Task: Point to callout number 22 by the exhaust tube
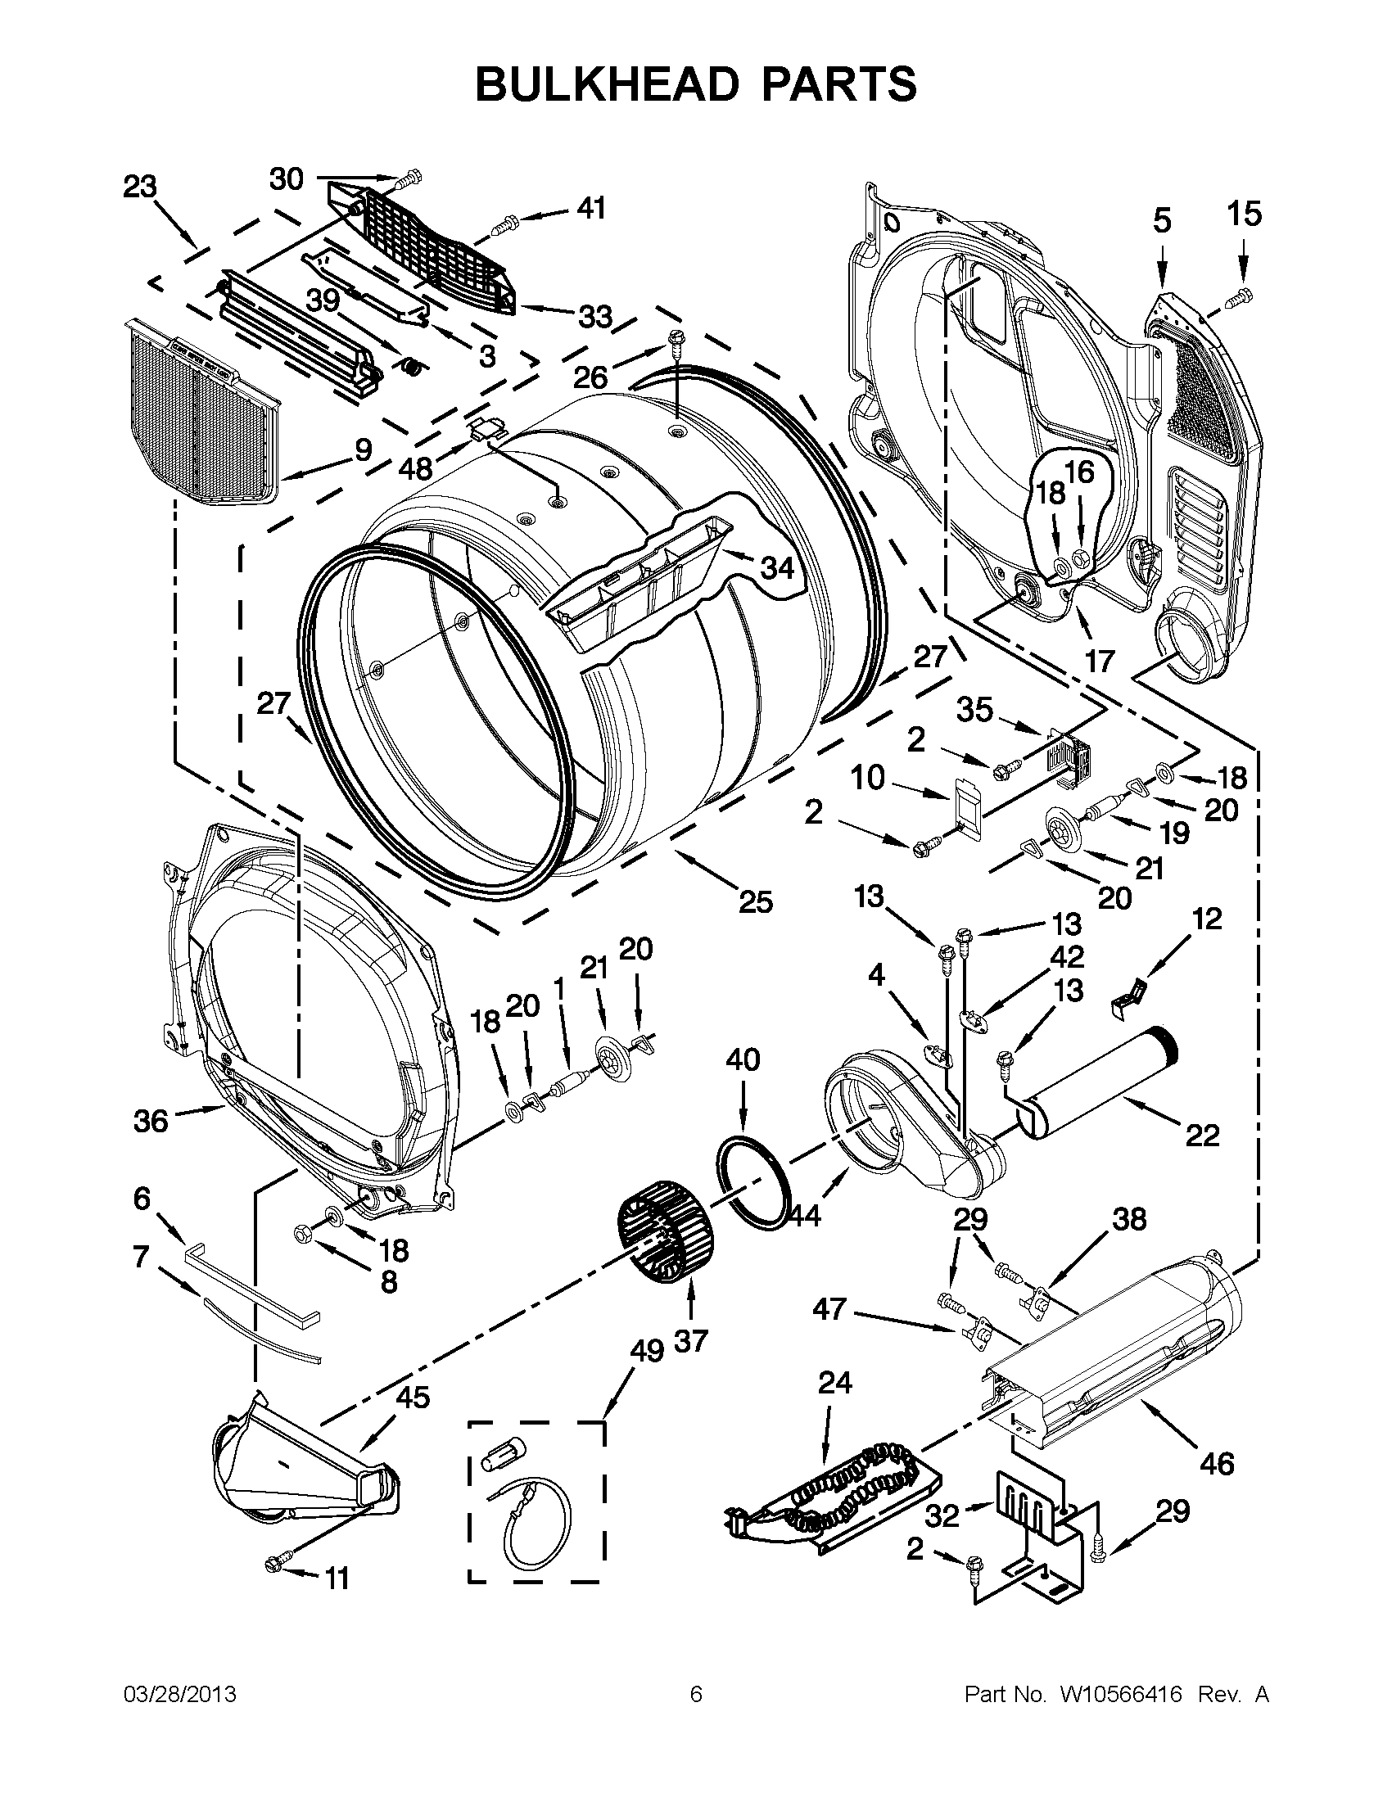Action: pos(1201,1136)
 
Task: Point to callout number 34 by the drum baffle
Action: pos(776,567)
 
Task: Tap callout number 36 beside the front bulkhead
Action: pos(150,1121)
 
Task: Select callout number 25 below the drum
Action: pos(755,902)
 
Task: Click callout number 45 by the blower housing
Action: pos(413,1398)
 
